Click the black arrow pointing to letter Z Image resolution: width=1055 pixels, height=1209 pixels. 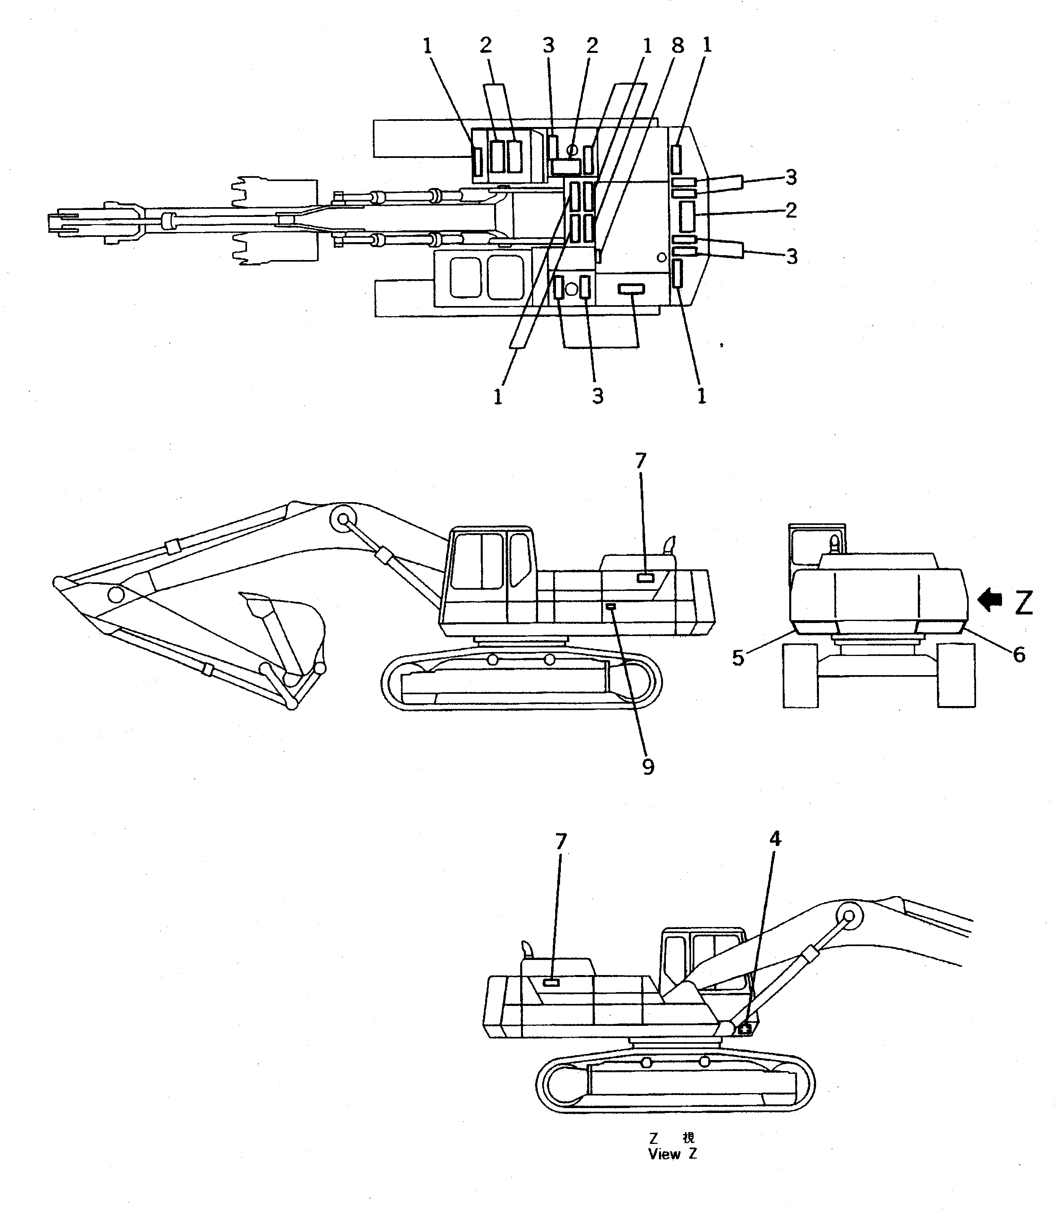tap(990, 600)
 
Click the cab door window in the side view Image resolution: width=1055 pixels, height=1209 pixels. tap(519, 559)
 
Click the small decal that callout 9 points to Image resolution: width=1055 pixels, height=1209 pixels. tap(611, 606)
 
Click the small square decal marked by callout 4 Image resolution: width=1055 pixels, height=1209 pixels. tap(744, 1028)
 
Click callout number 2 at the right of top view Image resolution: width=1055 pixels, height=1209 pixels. tap(791, 210)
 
